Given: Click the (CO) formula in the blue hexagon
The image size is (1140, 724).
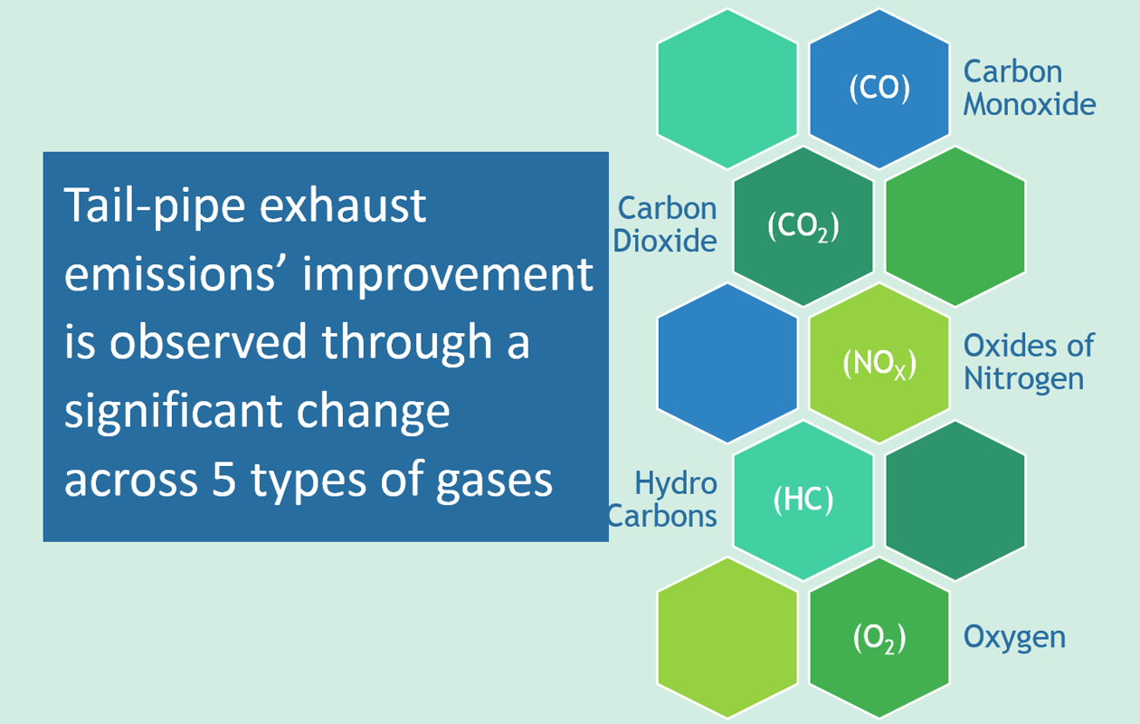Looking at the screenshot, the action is pyautogui.click(x=879, y=88).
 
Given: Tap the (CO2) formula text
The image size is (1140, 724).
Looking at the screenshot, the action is pyautogui.click(x=803, y=226).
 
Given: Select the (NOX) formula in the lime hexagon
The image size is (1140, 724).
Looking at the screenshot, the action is pyautogui.click(x=879, y=364).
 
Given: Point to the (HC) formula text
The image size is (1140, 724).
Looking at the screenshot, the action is pyautogui.click(x=803, y=500).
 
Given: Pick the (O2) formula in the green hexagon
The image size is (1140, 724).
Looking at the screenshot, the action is pyautogui.click(x=879, y=638).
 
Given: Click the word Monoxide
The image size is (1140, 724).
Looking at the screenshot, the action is pyautogui.click(x=1030, y=104).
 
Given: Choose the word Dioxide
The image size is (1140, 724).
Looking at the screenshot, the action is pyautogui.click(x=665, y=241).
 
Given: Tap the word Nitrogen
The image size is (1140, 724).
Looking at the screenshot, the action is pyautogui.click(x=1023, y=380).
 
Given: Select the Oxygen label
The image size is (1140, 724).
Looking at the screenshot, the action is pyautogui.click(x=1014, y=638).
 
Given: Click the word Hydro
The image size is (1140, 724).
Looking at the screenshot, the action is pyautogui.click(x=676, y=482).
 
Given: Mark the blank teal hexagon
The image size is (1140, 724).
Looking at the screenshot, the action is pyautogui.click(x=727, y=89).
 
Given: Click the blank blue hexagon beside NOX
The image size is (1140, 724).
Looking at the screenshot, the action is pyautogui.click(x=727, y=363).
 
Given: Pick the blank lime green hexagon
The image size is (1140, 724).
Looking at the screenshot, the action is pyautogui.click(x=727, y=638).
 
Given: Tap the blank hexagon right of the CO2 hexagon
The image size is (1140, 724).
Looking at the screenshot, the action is pyautogui.click(x=955, y=226).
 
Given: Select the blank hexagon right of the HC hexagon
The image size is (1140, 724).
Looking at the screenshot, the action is pyautogui.click(x=955, y=500).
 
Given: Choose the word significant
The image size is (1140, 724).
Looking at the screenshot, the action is pyautogui.click(x=173, y=414).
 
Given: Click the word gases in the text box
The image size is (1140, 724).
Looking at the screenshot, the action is pyautogui.click(x=494, y=482).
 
